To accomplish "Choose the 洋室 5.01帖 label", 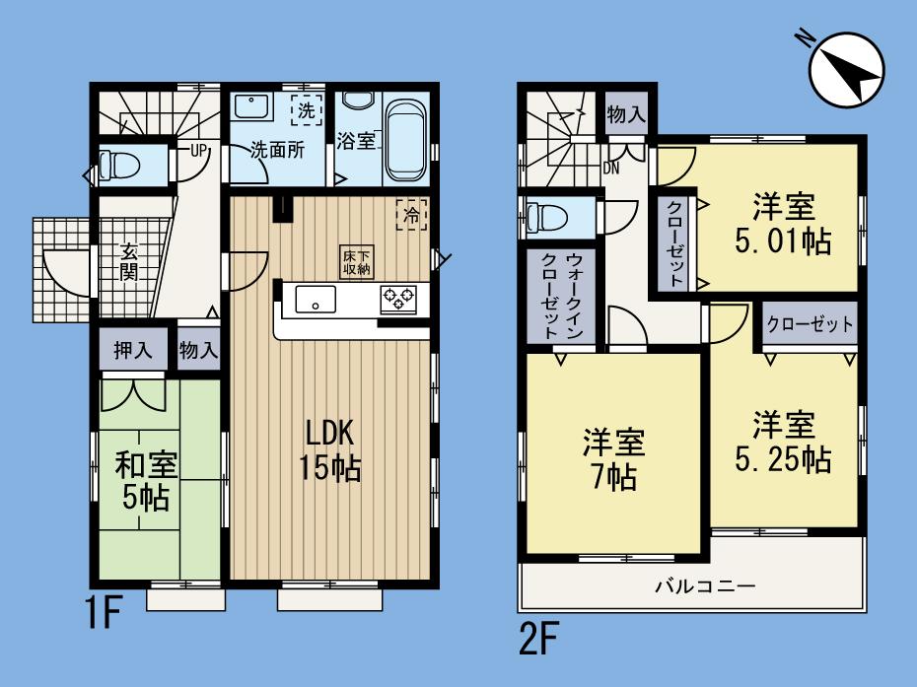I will [x=786, y=224].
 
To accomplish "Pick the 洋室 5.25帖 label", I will [x=785, y=443].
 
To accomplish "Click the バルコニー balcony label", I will [x=705, y=587].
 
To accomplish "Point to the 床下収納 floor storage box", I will [x=356, y=260].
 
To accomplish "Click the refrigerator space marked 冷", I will [x=411, y=214].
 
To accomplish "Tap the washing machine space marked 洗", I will [x=307, y=110].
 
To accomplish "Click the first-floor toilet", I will [x=123, y=164].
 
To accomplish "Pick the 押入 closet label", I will [x=126, y=350].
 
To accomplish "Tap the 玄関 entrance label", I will [x=129, y=260].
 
